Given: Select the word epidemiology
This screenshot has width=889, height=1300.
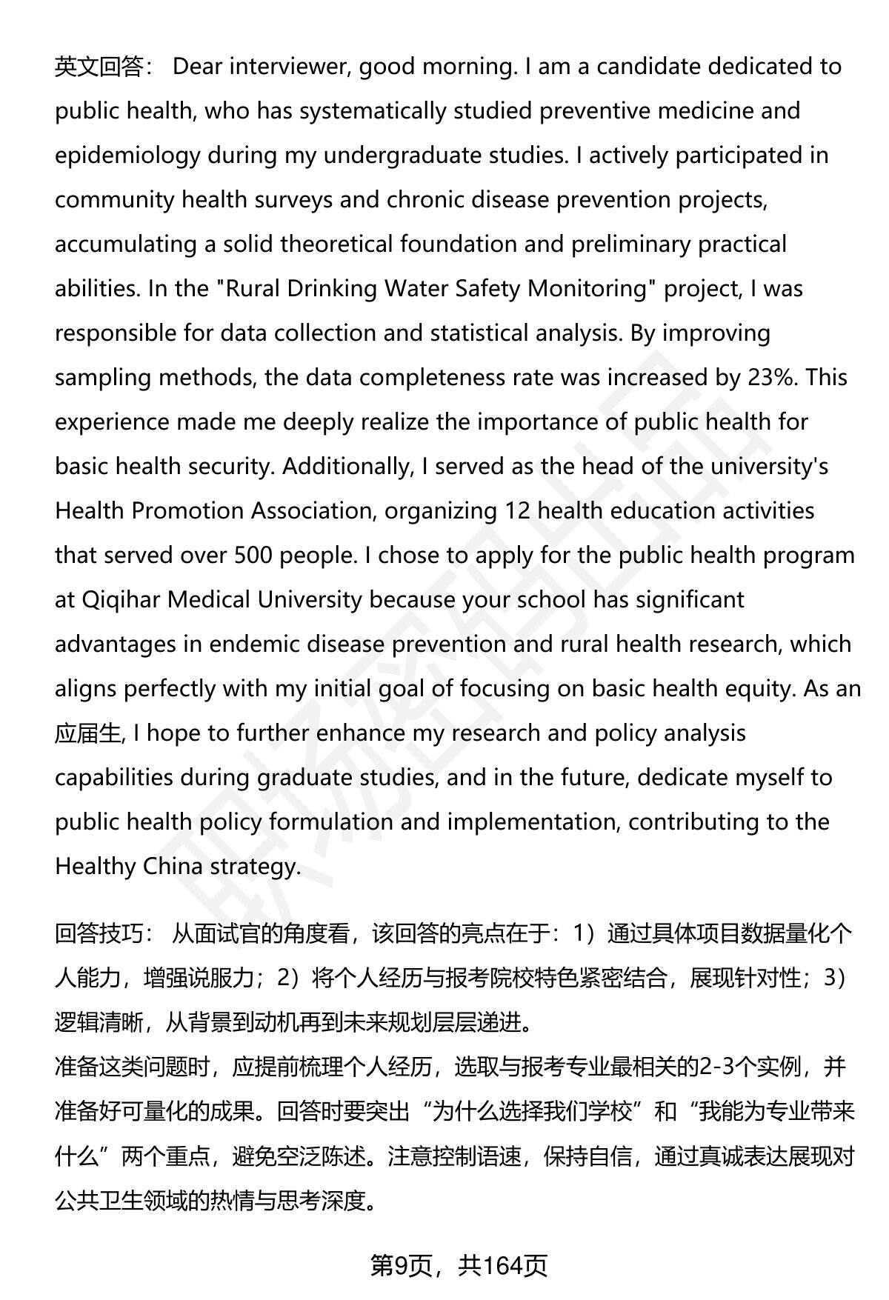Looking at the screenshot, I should (x=127, y=156).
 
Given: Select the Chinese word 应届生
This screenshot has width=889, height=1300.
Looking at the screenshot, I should (x=87, y=733).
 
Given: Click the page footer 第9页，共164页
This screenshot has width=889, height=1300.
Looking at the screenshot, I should (x=459, y=1266).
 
